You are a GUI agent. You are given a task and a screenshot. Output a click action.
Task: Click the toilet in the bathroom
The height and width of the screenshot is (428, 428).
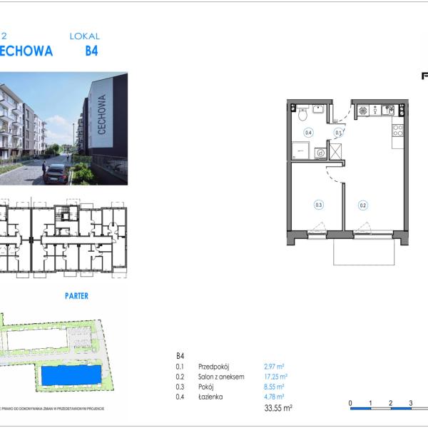[x=303, y=113]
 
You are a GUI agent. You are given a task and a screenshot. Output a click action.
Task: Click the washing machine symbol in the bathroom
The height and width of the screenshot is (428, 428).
[x=320, y=152]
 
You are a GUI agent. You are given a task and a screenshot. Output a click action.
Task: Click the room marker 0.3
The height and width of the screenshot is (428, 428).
[x=319, y=205]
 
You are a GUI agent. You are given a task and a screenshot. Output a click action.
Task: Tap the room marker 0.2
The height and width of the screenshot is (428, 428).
[x=363, y=205]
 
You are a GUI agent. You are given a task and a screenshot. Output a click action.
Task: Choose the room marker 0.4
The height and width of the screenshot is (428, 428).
[x=309, y=133]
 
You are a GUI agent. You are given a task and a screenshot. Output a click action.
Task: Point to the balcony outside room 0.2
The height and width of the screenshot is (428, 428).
[x=364, y=251]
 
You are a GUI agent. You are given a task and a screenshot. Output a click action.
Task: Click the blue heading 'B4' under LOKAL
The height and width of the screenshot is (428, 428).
[x=91, y=51]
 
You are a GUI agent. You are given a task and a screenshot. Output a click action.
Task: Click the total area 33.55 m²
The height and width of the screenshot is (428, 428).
[x=278, y=408]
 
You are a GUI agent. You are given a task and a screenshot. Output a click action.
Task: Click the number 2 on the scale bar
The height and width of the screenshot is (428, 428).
[x=391, y=402]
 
